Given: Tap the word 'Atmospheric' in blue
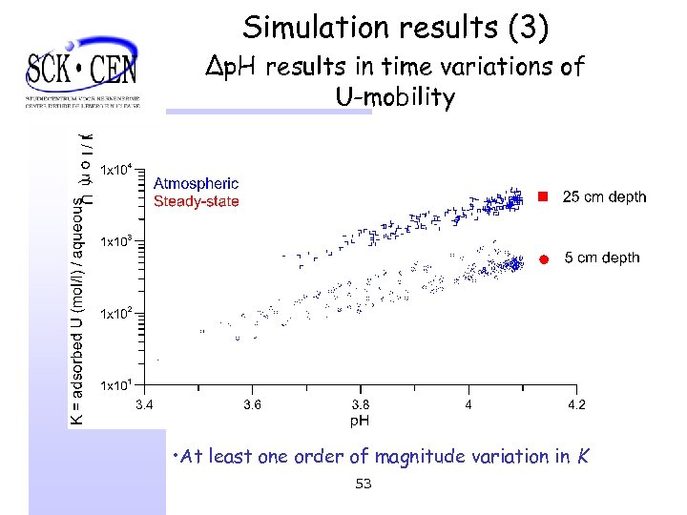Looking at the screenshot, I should (196, 183).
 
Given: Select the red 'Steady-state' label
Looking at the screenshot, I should (196, 200).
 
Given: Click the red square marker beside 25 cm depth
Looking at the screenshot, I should (541, 196).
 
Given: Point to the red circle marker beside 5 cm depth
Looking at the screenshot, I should (541, 258).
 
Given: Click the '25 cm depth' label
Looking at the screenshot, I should (603, 197).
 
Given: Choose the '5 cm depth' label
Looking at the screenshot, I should (602, 258).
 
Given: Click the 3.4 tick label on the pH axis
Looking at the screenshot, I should (142, 405).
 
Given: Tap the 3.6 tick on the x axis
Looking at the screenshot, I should (251, 405).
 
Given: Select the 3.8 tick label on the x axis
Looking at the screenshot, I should (360, 405).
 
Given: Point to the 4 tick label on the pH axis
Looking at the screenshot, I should (468, 405).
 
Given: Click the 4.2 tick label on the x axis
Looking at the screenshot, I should (576, 405).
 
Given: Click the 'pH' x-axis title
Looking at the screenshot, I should (360, 420).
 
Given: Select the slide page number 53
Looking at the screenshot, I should (363, 484).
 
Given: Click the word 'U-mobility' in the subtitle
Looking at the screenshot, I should (395, 97).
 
